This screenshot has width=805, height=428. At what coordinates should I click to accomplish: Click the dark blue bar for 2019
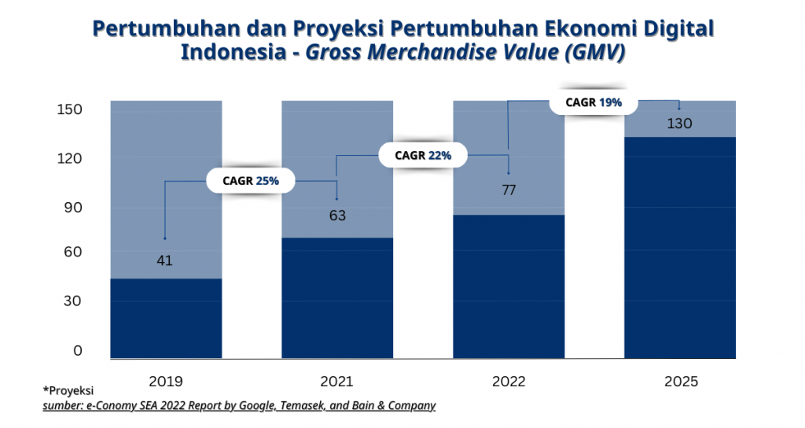click(x=166, y=318)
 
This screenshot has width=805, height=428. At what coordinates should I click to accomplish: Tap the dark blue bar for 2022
click(x=509, y=286)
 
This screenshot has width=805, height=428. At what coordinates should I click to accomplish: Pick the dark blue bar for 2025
click(x=680, y=247)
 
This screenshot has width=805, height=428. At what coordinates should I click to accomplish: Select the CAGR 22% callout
click(x=423, y=155)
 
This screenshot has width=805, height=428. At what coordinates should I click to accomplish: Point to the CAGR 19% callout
click(x=594, y=102)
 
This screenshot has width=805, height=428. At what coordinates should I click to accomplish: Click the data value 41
click(x=164, y=260)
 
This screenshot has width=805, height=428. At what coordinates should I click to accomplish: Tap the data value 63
click(x=337, y=216)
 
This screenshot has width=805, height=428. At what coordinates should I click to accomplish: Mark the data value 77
click(x=509, y=190)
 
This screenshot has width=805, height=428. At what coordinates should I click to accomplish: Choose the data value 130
click(x=679, y=124)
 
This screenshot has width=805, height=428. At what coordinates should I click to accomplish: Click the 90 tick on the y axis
click(x=72, y=208)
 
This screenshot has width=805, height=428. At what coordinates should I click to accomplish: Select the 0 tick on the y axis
click(x=77, y=351)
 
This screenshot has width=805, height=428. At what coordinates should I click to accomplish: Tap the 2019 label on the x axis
click(x=165, y=382)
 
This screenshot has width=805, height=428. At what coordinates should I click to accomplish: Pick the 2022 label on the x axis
click(x=509, y=382)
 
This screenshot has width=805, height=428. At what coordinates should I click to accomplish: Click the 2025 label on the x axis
click(x=681, y=382)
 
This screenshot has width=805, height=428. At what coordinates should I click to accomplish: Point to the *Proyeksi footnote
click(x=68, y=391)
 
